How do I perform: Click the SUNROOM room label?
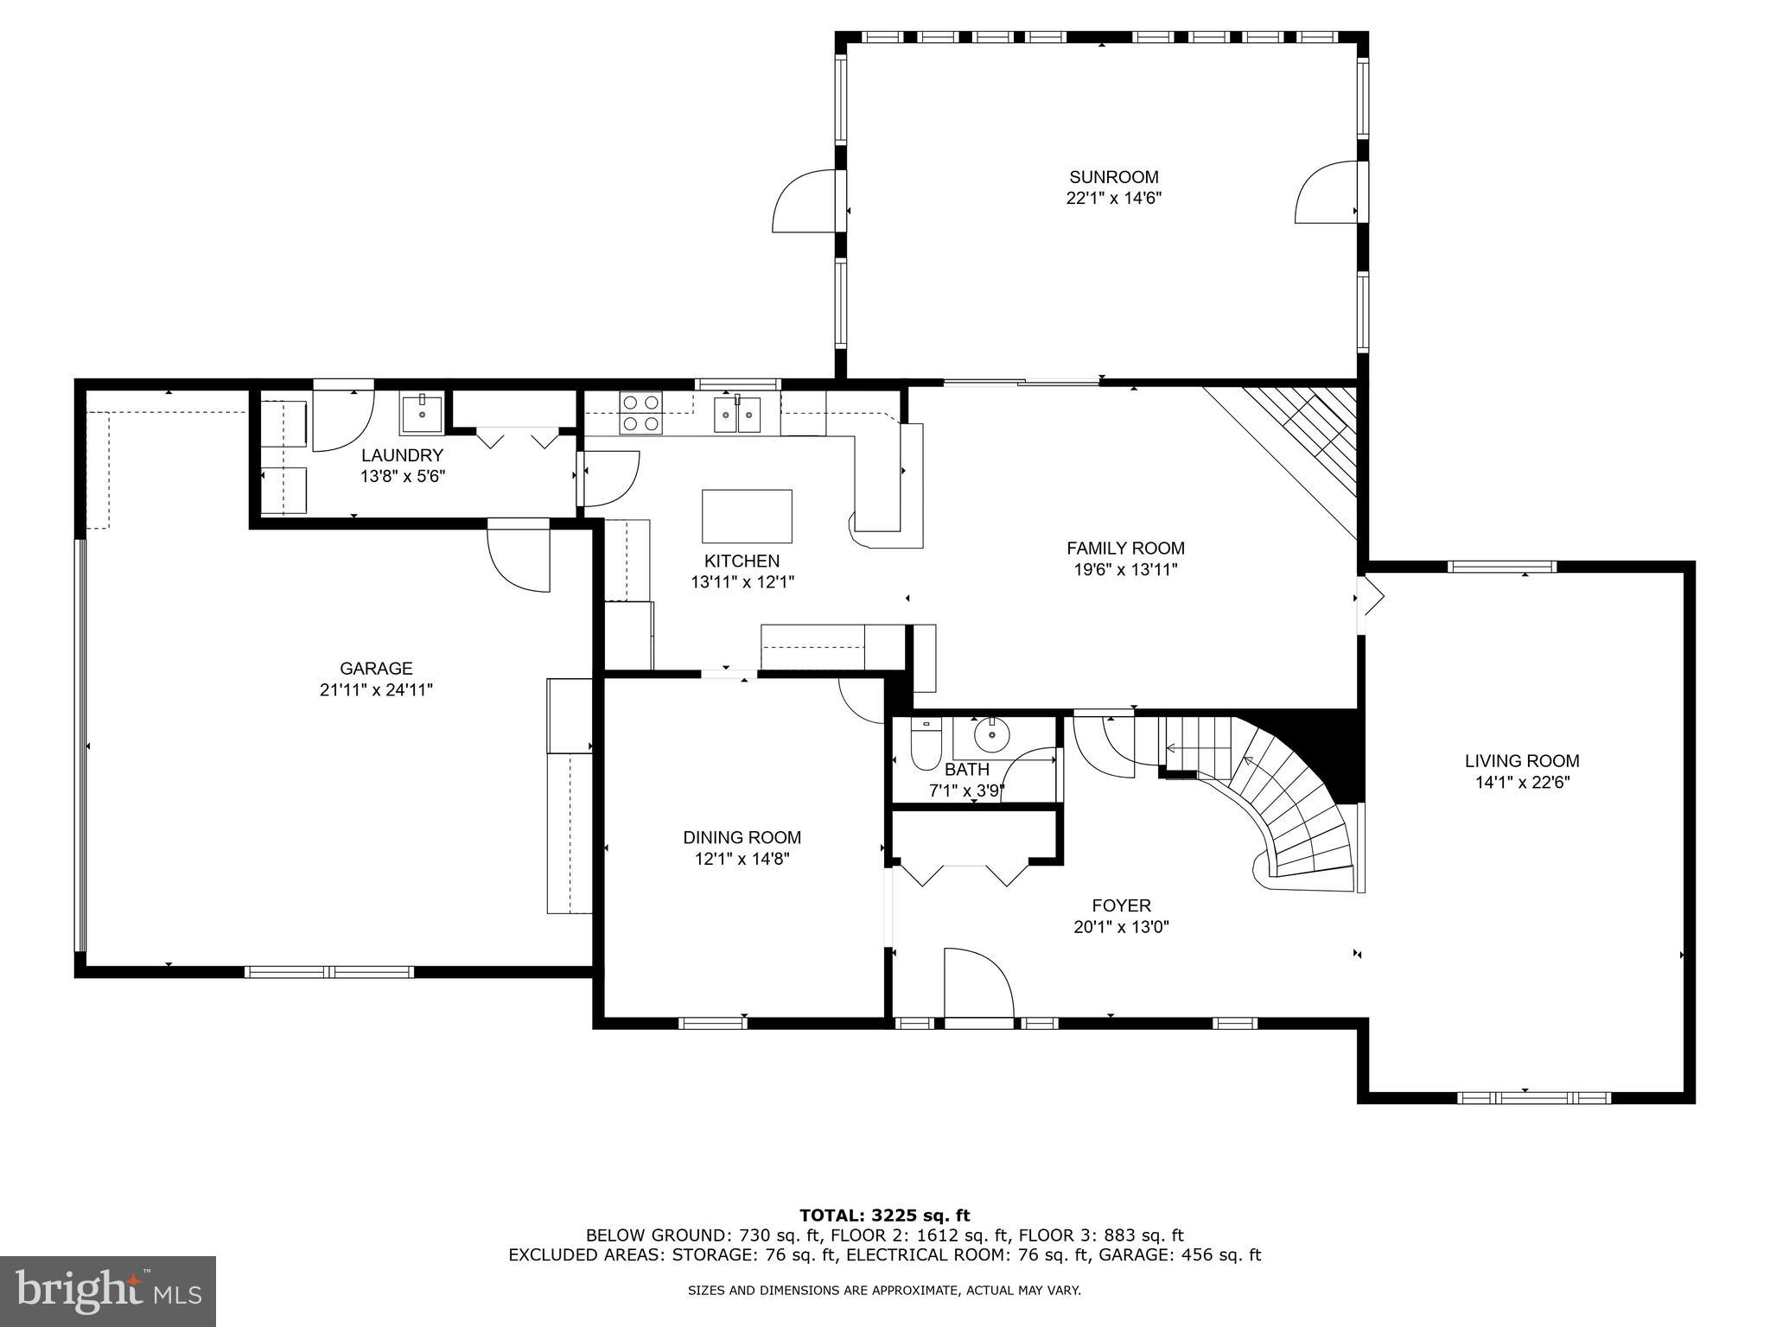pyautogui.click(x=1113, y=178)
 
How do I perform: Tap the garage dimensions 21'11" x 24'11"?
pyautogui.click(x=375, y=690)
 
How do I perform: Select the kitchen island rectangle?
pyautogui.click(x=747, y=516)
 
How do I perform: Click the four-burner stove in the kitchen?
pyautogui.click(x=641, y=413)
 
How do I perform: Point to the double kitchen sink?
pyautogui.click(x=737, y=414)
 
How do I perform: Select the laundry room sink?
pyautogui.click(x=422, y=414)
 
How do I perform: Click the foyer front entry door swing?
pyautogui.click(x=977, y=985)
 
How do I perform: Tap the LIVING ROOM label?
pyautogui.click(x=1521, y=761)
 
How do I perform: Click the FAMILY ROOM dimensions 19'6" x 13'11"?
pyautogui.click(x=1124, y=570)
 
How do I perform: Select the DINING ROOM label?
pyautogui.click(x=742, y=837)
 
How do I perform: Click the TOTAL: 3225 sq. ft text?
pyautogui.click(x=884, y=1216)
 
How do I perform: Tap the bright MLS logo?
pyautogui.click(x=107, y=1292)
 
